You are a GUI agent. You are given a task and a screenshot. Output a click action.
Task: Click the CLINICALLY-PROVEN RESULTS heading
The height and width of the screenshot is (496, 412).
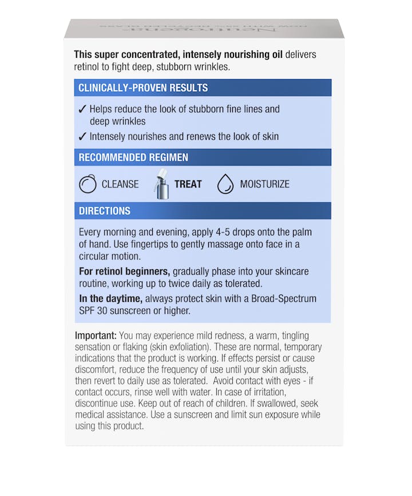pos(143,88)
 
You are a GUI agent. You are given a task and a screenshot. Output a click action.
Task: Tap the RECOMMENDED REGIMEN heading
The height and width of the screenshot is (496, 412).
pos(133,158)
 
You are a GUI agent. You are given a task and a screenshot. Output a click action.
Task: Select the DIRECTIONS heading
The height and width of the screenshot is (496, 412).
pos(105,211)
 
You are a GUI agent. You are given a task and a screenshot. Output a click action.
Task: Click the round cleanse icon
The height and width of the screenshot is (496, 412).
pos(88,184)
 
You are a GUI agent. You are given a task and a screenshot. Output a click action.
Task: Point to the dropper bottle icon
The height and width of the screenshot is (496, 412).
pos(161,184)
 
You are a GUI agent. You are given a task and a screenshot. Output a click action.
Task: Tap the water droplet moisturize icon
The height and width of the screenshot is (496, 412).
pos(225,184)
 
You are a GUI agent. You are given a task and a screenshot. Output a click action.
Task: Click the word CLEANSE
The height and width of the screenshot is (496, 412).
pos(120,184)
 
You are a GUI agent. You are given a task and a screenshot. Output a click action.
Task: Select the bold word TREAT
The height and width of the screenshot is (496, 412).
pos(188,184)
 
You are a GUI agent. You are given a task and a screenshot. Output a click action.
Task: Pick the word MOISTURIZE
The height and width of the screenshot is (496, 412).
pos(264,184)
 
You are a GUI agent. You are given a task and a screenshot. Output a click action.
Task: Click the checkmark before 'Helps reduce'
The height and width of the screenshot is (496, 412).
pos(82,109)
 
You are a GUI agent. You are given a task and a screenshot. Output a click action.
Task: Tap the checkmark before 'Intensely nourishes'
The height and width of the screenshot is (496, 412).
pos(82,136)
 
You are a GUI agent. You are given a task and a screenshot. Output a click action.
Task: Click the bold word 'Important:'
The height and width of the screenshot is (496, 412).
pos(96,335)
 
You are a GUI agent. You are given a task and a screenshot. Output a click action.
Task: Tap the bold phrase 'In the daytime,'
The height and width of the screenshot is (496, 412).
pos(111,299)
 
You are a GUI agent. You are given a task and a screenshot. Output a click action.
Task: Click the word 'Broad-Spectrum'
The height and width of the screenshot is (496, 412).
pos(285,299)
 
